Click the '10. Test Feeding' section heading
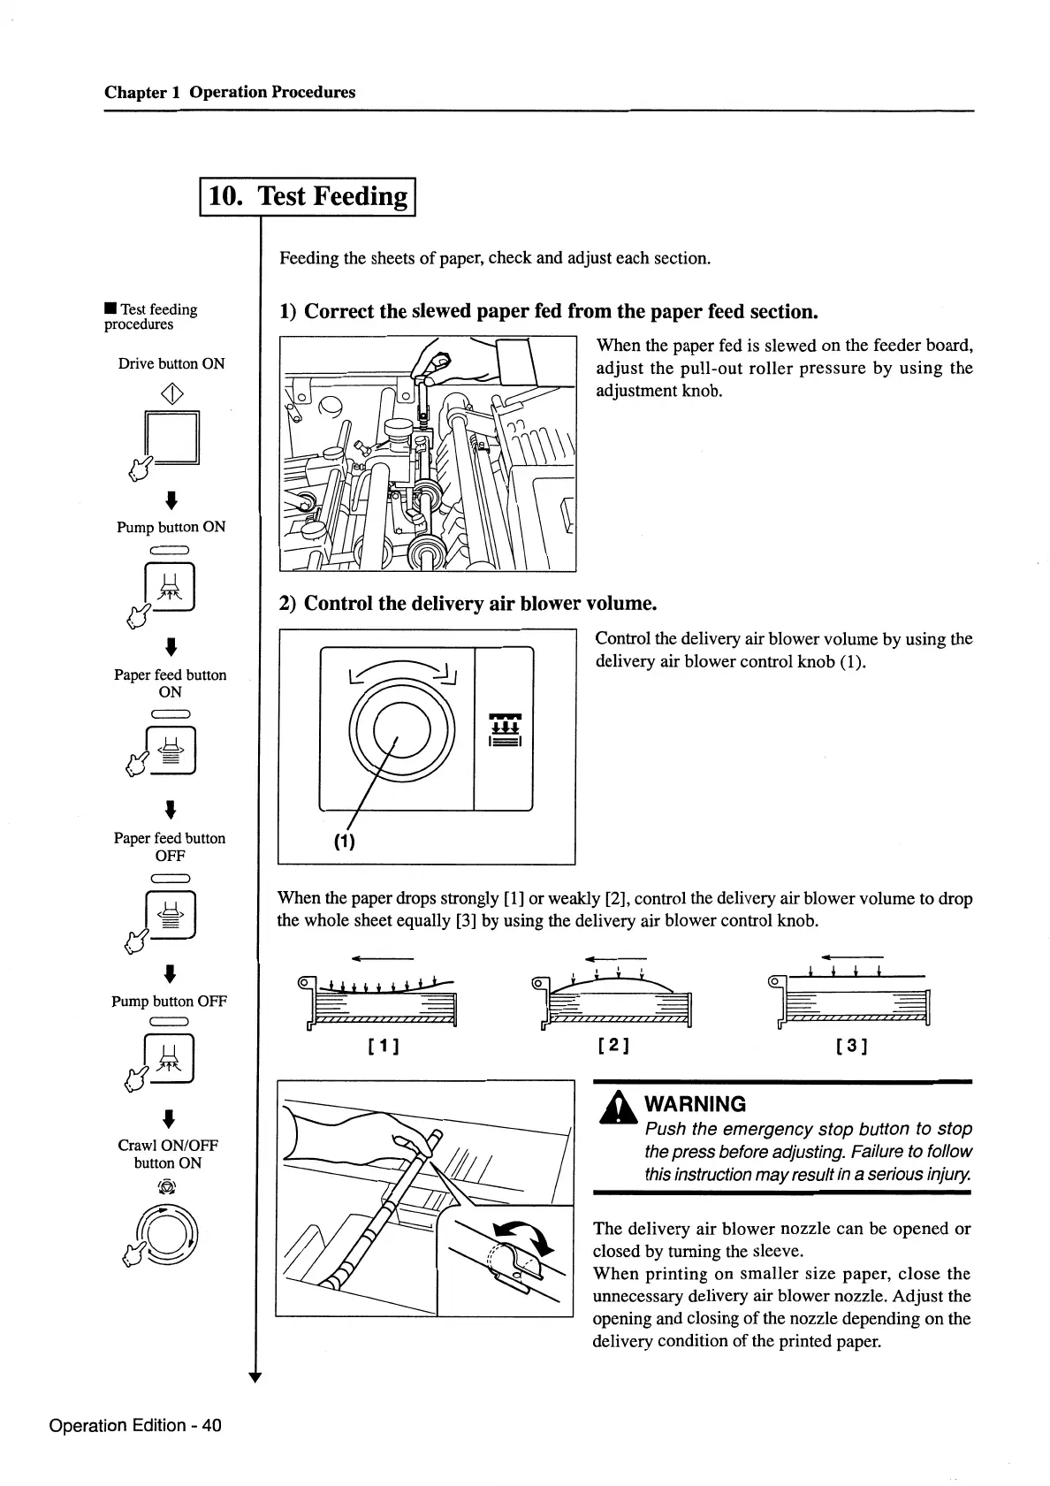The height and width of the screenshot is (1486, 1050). pyautogui.click(x=308, y=195)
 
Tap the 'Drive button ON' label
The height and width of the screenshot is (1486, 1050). pyautogui.click(x=171, y=363)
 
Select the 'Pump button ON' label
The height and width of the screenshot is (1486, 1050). pyautogui.click(x=171, y=527)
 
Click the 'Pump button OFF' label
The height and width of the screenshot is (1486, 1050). pyautogui.click(x=170, y=1002)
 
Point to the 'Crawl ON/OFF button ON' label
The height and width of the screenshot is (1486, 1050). pyautogui.click(x=168, y=1154)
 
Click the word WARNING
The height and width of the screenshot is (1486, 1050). pyautogui.click(x=696, y=1104)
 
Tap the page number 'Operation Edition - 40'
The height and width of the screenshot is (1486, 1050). pyautogui.click(x=135, y=1425)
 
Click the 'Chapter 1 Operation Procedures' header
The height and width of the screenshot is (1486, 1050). pyautogui.click(x=230, y=92)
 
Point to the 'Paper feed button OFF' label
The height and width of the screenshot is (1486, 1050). pyautogui.click(x=170, y=847)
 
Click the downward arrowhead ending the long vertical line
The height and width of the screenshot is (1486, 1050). pyautogui.click(x=255, y=1376)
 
